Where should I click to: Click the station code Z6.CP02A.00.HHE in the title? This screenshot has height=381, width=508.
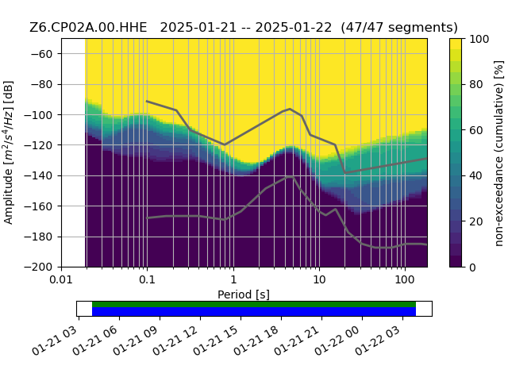coord(88,28)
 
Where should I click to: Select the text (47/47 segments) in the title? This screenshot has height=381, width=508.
coord(399,28)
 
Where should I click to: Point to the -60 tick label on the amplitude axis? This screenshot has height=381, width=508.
coord(41,54)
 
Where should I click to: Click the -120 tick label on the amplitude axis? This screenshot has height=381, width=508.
coord(38,145)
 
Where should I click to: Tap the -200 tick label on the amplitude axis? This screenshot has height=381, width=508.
coord(38,267)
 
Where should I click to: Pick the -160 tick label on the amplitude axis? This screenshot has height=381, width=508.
coord(38,206)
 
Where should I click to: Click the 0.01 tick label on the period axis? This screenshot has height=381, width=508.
coord(61,279)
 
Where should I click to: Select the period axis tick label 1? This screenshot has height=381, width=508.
coord(233,279)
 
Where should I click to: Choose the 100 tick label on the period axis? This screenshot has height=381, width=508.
coord(405,279)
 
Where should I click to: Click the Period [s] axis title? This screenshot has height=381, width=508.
coord(244,294)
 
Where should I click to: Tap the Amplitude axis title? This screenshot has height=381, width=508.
coord(8,152)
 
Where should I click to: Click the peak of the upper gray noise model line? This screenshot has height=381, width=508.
coord(290,109)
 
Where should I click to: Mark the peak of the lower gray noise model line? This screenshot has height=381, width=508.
coord(291,176)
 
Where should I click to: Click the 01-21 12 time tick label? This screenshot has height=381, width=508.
coord(175,341)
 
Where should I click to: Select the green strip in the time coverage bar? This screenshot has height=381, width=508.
coord(254,304)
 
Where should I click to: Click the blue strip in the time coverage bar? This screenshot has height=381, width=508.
coord(254,311)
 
